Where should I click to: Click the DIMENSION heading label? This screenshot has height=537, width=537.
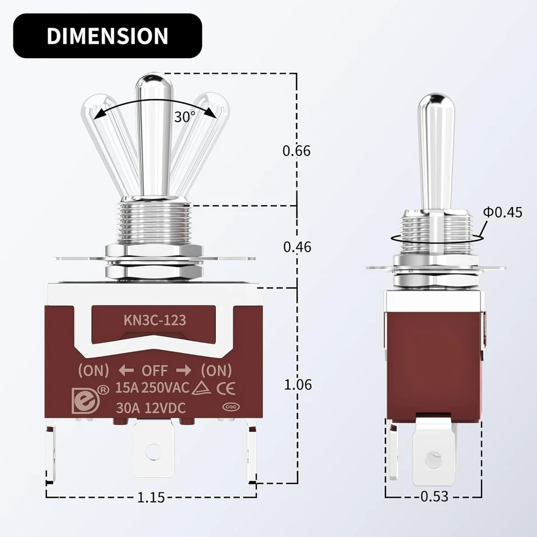[107, 36]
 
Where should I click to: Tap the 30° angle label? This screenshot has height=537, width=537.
[185, 117]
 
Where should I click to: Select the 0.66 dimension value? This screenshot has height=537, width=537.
[296, 150]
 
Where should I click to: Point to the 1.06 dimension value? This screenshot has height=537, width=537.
[297, 385]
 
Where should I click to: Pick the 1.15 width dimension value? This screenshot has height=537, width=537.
[150, 497]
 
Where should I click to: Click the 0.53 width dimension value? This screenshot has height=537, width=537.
[434, 496]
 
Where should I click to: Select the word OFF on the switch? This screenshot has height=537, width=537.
[154, 370]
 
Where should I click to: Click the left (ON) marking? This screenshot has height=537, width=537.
[93, 370]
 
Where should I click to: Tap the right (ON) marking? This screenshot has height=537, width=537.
[216, 370]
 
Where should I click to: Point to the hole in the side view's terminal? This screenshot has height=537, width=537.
[432, 460]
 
